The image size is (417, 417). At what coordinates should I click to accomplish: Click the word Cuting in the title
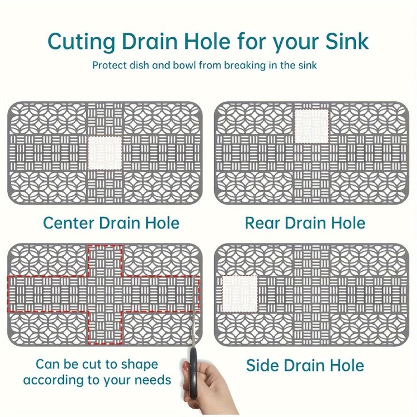81,42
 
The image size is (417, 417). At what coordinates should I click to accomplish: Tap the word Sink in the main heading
348,41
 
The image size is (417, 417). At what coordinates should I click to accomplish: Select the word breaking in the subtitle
245,66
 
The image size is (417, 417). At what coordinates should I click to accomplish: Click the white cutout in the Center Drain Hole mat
105,153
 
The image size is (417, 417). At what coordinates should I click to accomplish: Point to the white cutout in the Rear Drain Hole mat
312,126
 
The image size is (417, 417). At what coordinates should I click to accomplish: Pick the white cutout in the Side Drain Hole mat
240,294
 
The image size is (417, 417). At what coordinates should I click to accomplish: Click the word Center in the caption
69,223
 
